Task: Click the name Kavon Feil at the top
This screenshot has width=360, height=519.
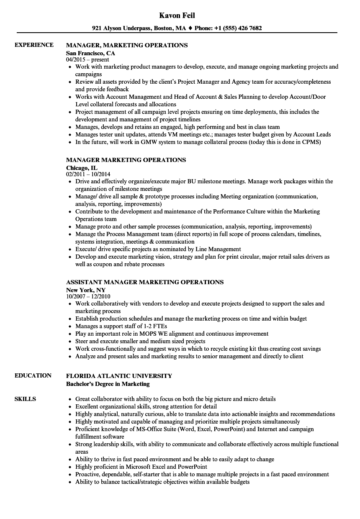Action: click(177, 15)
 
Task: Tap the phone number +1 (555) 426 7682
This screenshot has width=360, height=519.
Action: click(237, 28)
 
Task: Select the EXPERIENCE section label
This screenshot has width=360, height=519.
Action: click(34, 45)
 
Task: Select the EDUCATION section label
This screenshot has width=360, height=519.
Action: click(33, 375)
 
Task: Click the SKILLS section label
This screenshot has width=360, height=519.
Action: click(25, 399)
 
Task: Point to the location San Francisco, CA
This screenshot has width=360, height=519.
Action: click(90, 53)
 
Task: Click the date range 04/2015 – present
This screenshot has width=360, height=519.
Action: click(87, 60)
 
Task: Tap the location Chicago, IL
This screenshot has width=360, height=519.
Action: click(82, 168)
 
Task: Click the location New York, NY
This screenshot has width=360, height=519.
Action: click(86, 290)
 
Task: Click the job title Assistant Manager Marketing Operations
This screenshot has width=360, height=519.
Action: click(145, 282)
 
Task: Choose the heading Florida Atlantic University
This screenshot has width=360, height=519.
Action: click(119, 376)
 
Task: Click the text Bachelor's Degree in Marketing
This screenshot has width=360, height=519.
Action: click(108, 384)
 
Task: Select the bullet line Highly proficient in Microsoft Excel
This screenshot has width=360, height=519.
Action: click(141, 467)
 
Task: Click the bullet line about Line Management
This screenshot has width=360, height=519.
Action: click(158, 249)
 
